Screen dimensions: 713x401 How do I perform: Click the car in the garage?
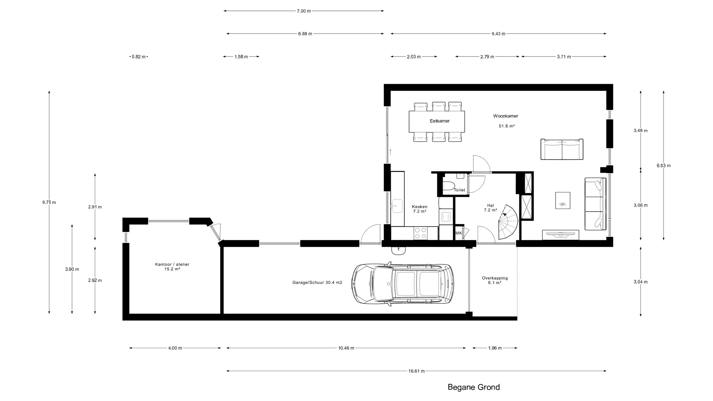[403, 284]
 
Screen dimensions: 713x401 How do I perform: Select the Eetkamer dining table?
[437, 122]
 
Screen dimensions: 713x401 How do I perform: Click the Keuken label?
[420, 207]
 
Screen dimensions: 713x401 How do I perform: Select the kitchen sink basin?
[397, 206]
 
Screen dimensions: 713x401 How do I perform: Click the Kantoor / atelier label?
[172, 264]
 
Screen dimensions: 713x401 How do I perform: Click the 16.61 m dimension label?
[416, 371]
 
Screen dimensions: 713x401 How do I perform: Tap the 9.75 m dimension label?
[49, 202]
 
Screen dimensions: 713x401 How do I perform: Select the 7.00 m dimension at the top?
[304, 11]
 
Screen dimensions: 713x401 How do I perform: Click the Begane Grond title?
[474, 387]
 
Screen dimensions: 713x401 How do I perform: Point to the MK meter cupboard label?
[459, 233]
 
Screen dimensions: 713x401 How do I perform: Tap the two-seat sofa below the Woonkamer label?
[562, 150]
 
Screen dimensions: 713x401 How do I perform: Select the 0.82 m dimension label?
[139, 57]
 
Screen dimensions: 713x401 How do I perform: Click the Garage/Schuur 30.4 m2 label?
[317, 282]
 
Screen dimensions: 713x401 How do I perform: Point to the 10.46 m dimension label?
[346, 348]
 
